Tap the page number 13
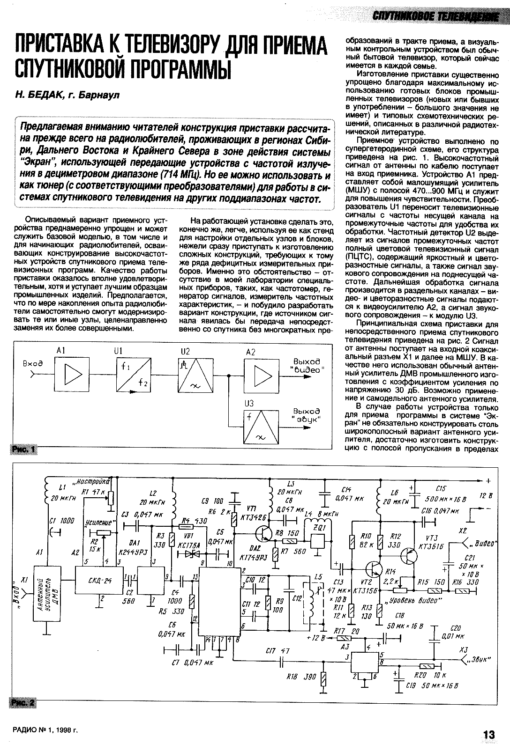click(489, 735)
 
